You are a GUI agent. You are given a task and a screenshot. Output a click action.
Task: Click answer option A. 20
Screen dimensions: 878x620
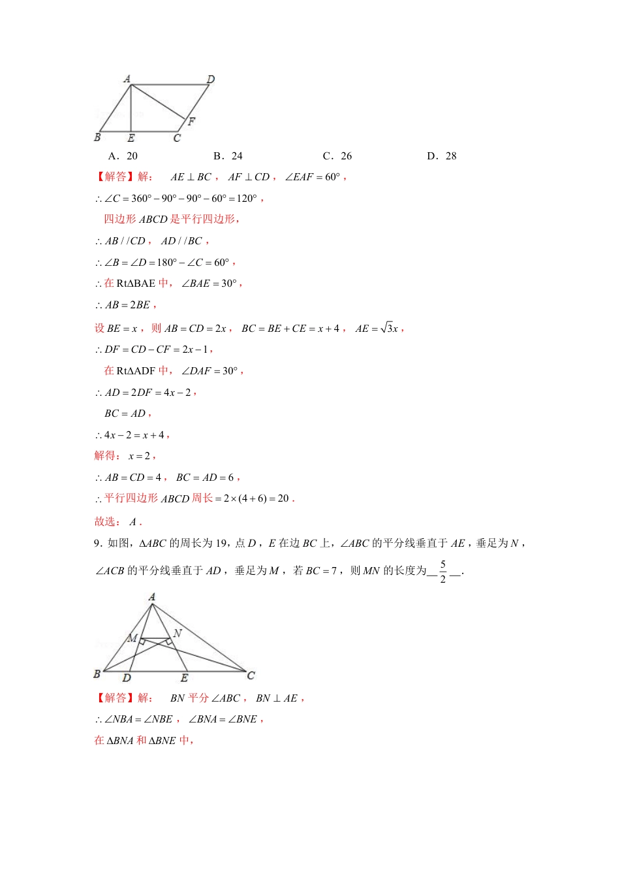[123, 156]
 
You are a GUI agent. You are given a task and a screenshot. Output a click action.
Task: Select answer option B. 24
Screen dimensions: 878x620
[228, 156]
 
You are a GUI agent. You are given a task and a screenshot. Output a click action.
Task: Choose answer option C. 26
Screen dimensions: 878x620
[337, 156]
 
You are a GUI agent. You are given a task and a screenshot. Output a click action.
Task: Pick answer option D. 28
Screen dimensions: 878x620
[442, 156]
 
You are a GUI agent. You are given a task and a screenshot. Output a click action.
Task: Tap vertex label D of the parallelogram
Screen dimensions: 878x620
[211, 79]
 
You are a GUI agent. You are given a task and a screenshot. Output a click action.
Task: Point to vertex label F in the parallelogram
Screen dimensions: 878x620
[191, 122]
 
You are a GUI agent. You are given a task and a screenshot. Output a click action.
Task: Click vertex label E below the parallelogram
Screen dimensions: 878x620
[131, 138]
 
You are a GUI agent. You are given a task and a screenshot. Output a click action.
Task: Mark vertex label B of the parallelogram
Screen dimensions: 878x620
[97, 137]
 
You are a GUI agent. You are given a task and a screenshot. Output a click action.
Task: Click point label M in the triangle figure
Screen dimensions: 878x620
[132, 638]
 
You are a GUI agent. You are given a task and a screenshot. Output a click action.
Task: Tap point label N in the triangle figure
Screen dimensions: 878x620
[178, 633]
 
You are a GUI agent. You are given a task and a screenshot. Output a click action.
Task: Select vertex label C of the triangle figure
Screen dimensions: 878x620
[251, 675]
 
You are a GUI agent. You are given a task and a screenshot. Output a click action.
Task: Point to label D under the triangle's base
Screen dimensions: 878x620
[127, 678]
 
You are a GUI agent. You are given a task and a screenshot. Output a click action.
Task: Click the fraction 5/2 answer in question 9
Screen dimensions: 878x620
[443, 571]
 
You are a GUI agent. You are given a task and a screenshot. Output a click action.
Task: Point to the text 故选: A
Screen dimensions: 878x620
[117, 522]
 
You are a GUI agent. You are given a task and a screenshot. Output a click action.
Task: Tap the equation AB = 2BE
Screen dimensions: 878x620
[127, 305]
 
